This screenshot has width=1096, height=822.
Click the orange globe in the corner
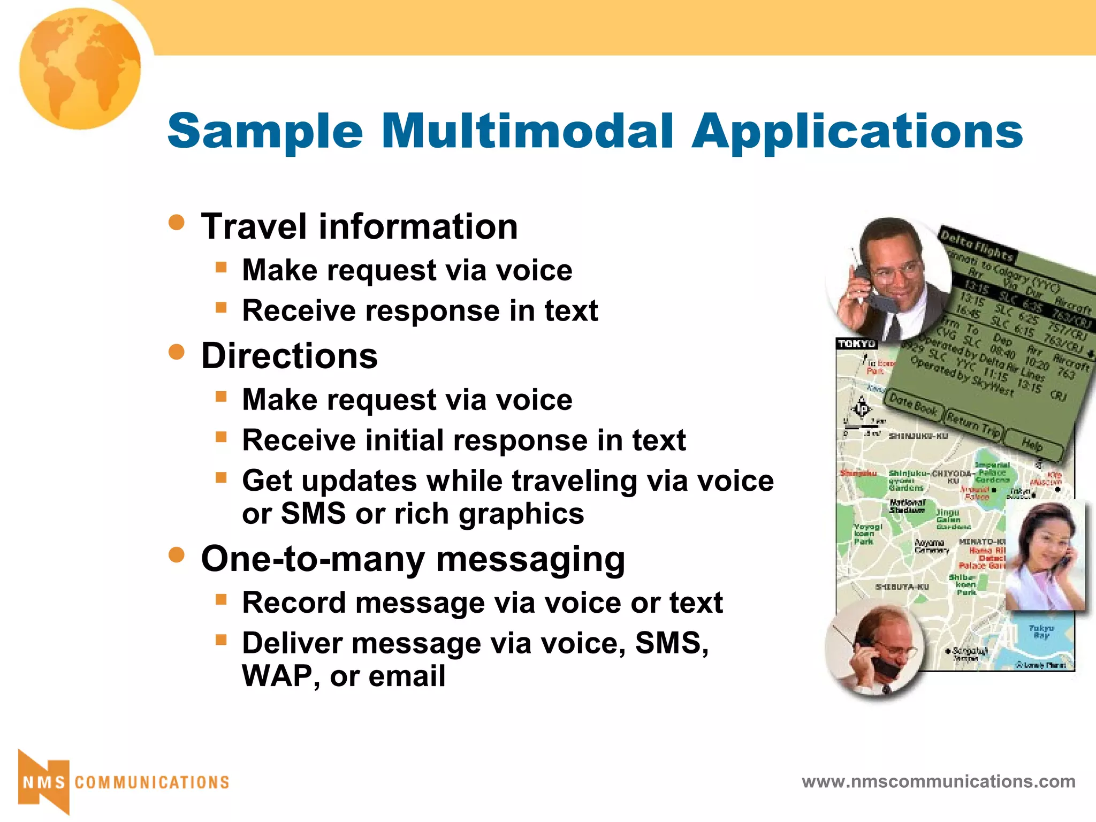pos(80,68)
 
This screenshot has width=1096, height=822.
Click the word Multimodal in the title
pos(527,131)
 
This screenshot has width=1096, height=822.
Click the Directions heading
pos(290,356)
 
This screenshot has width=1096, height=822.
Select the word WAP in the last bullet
pos(278,676)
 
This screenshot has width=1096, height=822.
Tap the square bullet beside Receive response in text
pos(221,308)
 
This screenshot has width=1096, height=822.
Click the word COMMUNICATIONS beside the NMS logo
pos(152,782)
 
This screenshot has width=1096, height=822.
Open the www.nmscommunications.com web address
pos(938,781)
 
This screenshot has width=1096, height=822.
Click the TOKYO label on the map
pos(856,344)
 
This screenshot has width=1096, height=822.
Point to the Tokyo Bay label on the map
pos(1041,631)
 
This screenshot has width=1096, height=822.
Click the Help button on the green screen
pos(1031,444)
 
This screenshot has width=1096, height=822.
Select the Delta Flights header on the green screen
pos(977,246)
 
